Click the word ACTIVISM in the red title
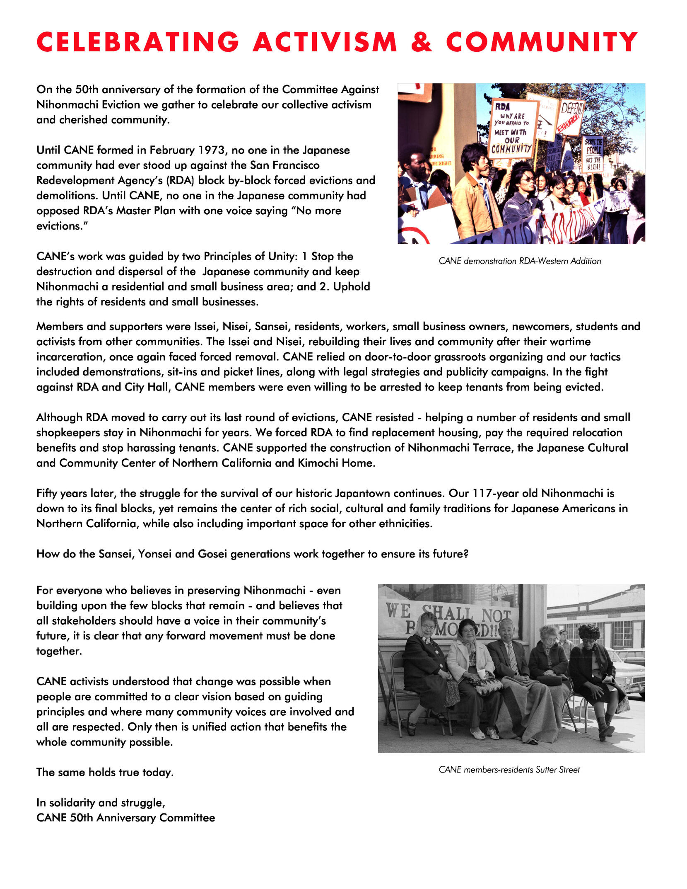point(325,42)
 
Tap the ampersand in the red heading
point(422,42)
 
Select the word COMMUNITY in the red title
point(542,42)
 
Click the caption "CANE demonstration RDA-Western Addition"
point(520,261)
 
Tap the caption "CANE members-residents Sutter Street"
point(509,770)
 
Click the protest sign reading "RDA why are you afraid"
point(513,128)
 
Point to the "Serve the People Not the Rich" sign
point(593,153)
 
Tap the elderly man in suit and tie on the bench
point(508,659)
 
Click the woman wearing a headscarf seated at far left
point(425,663)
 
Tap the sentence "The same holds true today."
point(105,773)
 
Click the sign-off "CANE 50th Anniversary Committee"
point(125,818)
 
